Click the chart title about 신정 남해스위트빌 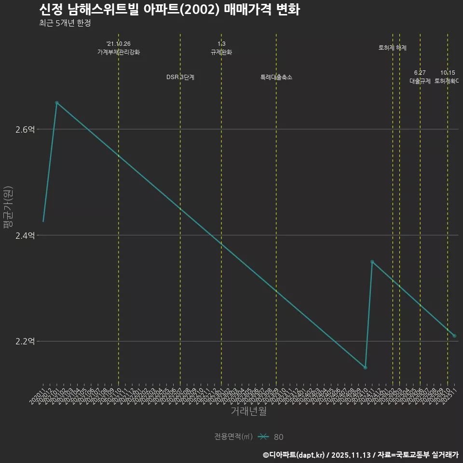169,10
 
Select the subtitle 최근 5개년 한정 65,23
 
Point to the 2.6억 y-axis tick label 25,129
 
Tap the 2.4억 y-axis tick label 25,235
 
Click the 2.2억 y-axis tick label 25,341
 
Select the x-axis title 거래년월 248,411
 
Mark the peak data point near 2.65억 57,103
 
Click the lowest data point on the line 365,368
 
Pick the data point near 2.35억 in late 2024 372,262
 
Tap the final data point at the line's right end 454,336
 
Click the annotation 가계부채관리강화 119,52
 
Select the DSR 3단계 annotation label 180,77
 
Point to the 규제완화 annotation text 221,52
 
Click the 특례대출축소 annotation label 276,77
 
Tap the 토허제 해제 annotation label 393,48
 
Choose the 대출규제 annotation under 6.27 420,81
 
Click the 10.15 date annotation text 448,73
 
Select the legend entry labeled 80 278,437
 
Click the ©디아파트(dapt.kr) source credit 295,454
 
